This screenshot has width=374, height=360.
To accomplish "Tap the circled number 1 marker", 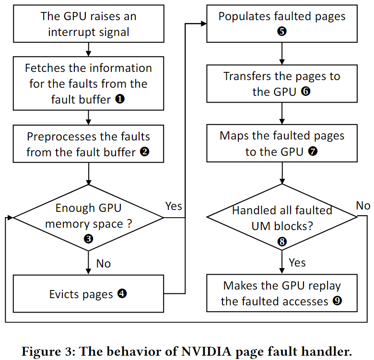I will click(x=119, y=99).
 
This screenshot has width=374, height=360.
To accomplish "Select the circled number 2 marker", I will click(x=144, y=152).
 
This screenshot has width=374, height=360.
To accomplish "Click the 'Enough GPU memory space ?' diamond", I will click(x=88, y=217).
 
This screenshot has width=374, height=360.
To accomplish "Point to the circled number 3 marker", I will click(x=88, y=238).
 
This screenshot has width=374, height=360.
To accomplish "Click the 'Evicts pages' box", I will click(x=88, y=293).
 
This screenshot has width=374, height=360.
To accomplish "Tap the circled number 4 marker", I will click(x=122, y=293).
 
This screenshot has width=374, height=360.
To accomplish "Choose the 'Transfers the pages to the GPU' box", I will click(x=281, y=83).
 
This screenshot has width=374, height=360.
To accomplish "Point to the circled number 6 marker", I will click(x=305, y=92).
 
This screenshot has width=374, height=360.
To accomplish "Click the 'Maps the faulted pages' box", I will click(x=281, y=143).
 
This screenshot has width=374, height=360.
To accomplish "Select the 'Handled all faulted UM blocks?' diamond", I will click(x=281, y=217).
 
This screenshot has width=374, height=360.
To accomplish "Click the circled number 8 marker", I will click(x=282, y=242).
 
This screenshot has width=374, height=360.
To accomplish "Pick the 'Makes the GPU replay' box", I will click(x=281, y=293).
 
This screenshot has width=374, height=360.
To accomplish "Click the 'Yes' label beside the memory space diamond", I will click(x=174, y=206).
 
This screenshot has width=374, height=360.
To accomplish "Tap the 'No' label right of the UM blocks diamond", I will click(x=363, y=206).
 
